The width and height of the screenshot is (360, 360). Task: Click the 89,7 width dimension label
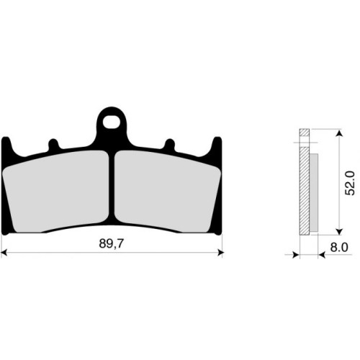pos(111,244)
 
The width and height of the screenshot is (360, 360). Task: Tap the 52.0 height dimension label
pos(350,183)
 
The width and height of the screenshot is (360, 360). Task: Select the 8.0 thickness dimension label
pos(339,247)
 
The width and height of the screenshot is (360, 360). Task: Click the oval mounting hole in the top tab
pos(112,122)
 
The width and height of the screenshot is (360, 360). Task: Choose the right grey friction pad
pos(167,192)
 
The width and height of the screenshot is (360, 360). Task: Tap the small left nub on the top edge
pos(53,145)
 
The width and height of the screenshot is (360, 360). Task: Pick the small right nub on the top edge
pos(170,145)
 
